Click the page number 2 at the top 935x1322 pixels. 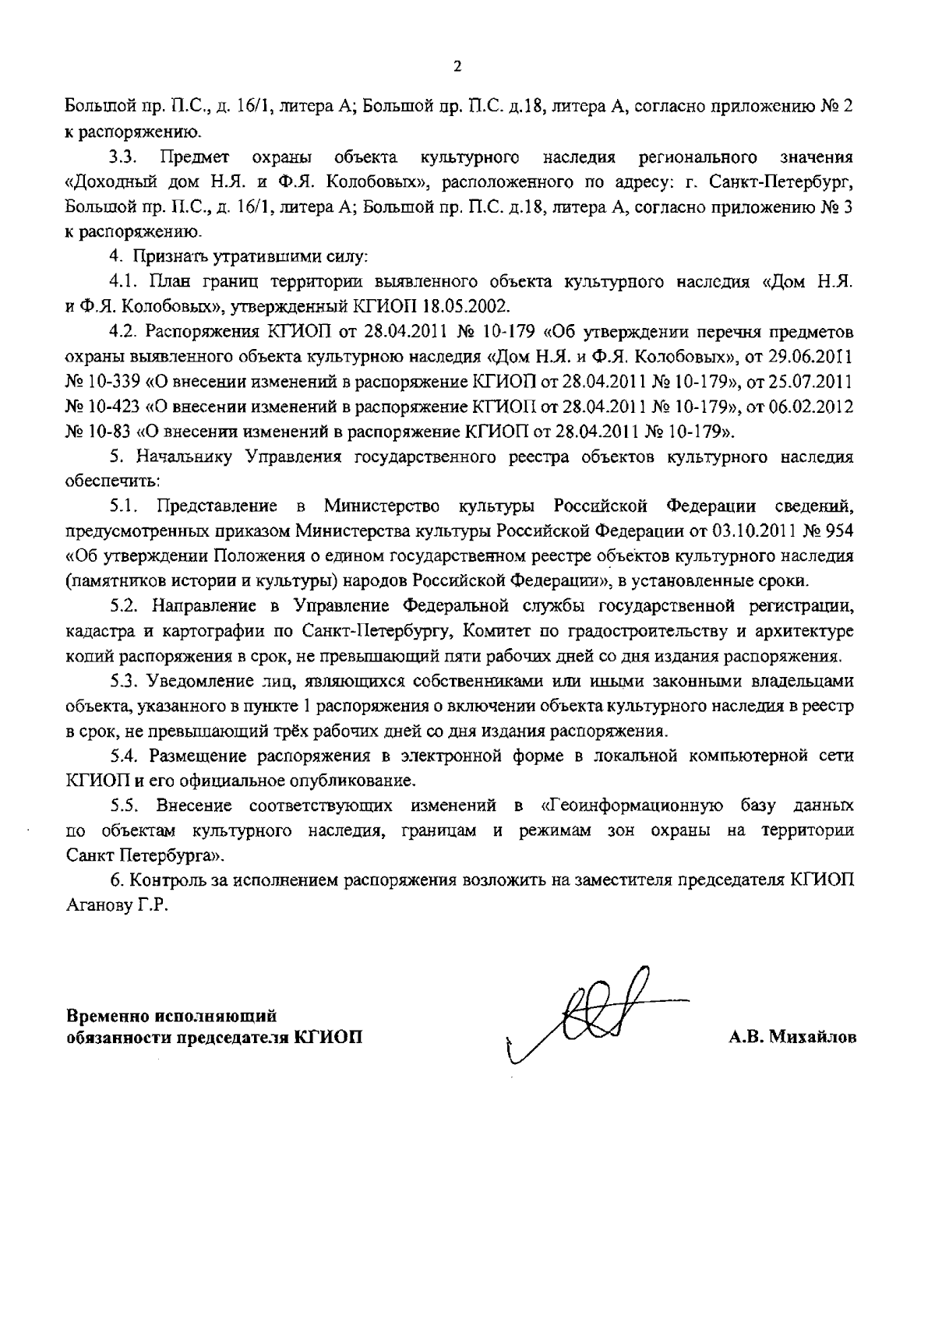click(457, 66)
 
